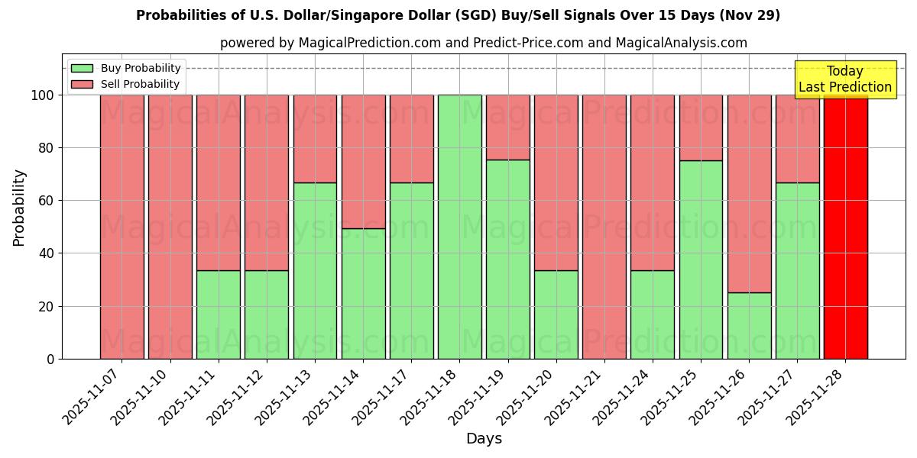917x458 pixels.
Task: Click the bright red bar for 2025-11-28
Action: tap(845, 227)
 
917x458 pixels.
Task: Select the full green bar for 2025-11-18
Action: tap(459, 227)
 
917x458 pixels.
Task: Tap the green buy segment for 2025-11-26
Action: tap(749, 325)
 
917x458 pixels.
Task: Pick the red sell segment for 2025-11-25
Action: tap(701, 127)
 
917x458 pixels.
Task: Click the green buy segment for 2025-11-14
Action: tap(363, 293)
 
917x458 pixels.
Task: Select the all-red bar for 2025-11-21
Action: tap(604, 227)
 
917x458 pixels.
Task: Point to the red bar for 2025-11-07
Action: tap(122, 227)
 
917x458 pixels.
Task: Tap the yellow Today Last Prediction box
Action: tap(844, 79)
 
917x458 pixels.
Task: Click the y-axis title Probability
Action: tap(19, 207)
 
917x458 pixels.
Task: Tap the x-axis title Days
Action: tap(484, 439)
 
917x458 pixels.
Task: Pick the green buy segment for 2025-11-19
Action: tap(507, 259)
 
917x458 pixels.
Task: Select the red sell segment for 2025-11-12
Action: tap(267, 182)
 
